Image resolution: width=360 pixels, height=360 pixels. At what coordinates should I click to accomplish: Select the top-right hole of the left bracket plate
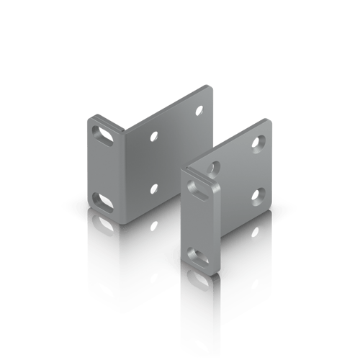click(x=199, y=110)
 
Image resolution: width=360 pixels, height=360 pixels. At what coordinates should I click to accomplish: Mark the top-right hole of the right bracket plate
click(x=256, y=144)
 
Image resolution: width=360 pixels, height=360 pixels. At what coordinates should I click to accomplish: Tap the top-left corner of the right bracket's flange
click(x=183, y=171)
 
